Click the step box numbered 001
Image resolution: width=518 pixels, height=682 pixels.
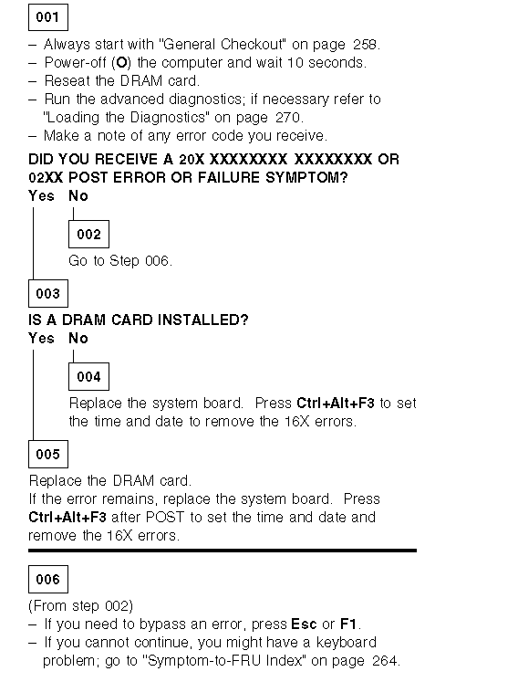48,17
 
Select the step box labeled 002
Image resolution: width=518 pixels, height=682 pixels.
88,234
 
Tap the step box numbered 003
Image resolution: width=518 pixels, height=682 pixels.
48,294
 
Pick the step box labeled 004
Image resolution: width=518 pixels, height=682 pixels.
88,377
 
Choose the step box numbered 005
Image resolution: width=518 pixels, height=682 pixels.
48,454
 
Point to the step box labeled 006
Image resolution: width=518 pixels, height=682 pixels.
48,580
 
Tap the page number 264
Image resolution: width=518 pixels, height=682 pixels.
385,661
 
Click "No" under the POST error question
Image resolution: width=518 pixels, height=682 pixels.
78,195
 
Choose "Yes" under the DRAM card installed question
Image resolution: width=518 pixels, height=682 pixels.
41,339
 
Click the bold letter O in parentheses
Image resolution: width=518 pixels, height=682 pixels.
121,63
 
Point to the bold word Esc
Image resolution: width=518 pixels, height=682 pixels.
304,624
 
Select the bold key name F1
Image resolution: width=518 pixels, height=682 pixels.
348,624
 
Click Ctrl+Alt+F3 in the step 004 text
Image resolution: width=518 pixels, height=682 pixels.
335,404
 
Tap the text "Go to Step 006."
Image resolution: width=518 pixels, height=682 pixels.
120,260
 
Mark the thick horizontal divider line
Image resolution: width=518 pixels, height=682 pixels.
223,551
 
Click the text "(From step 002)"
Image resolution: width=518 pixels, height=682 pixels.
81,606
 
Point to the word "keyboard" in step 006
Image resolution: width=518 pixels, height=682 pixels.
347,643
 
